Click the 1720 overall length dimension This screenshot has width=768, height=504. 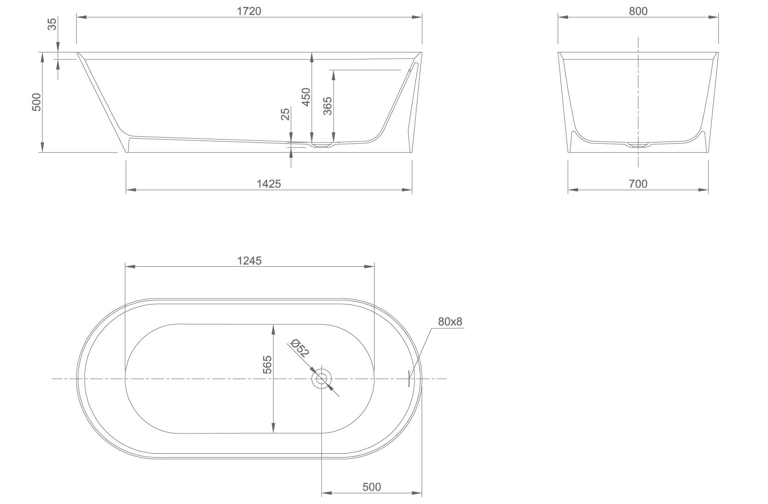(249, 12)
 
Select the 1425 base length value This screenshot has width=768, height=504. (269, 184)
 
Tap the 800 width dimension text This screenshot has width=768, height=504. (638, 12)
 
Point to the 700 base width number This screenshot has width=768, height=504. (638, 184)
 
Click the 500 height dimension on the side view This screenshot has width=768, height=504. (36, 102)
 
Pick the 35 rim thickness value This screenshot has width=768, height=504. (52, 24)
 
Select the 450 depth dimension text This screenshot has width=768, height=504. (306, 97)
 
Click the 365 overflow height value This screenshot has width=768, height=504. (328, 106)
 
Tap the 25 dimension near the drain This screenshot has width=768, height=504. (286, 114)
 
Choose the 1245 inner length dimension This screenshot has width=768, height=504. (249, 261)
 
